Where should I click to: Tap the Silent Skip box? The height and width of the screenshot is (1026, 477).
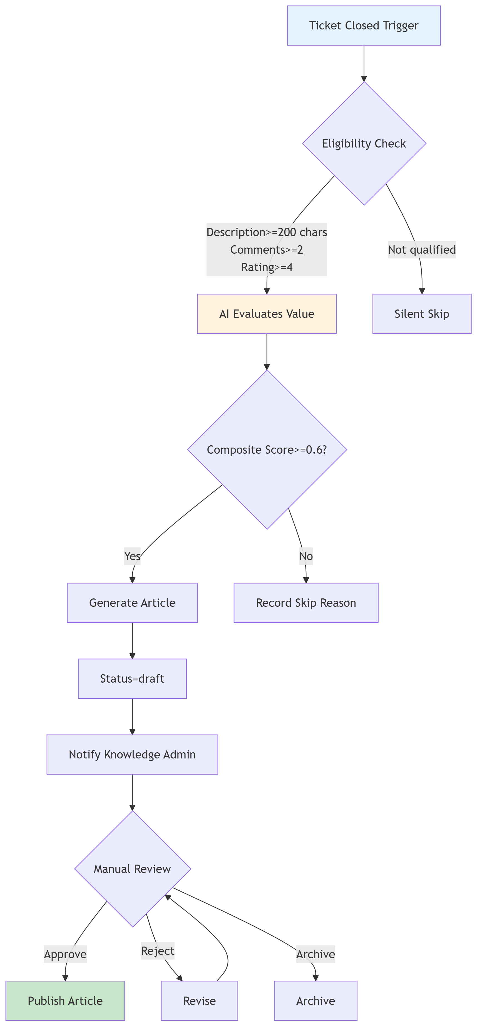coord(422,314)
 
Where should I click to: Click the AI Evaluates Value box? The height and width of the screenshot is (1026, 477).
coord(267,314)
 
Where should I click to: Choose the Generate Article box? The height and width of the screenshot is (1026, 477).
coord(132,603)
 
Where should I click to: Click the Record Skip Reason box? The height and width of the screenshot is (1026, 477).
coord(306,603)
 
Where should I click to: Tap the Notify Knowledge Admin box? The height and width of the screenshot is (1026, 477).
coord(132,754)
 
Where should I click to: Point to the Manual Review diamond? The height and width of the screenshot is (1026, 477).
coord(132,869)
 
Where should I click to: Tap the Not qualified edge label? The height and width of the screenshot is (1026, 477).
coord(422,250)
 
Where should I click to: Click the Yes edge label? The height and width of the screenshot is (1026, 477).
coord(132,556)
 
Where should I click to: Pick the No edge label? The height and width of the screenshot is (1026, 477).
coord(306,556)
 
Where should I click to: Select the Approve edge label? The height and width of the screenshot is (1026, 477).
coord(65,954)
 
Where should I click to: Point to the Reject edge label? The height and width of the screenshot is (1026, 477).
coord(157,951)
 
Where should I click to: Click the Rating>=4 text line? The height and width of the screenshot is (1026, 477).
coord(267,267)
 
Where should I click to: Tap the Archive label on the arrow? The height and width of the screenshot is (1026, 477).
coord(315,954)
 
